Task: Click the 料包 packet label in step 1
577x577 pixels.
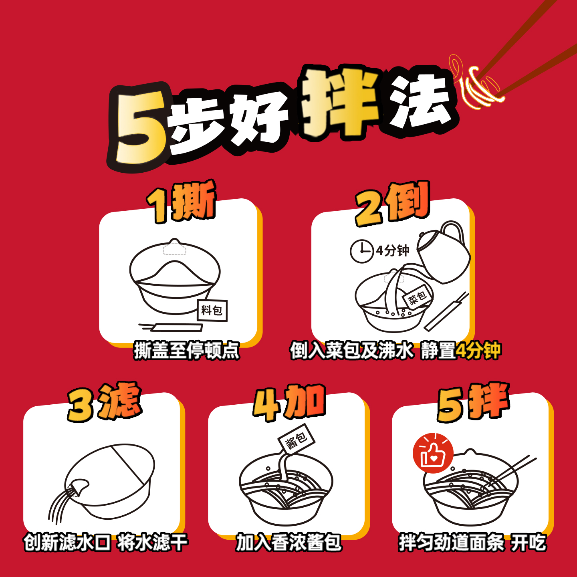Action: (x=212, y=310)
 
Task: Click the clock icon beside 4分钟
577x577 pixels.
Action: (x=361, y=251)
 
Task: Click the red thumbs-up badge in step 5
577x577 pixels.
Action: (x=433, y=453)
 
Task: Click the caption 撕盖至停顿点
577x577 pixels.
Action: (x=187, y=351)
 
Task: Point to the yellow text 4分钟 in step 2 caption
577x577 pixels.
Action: (x=478, y=351)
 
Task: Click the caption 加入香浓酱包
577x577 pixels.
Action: (x=288, y=543)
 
